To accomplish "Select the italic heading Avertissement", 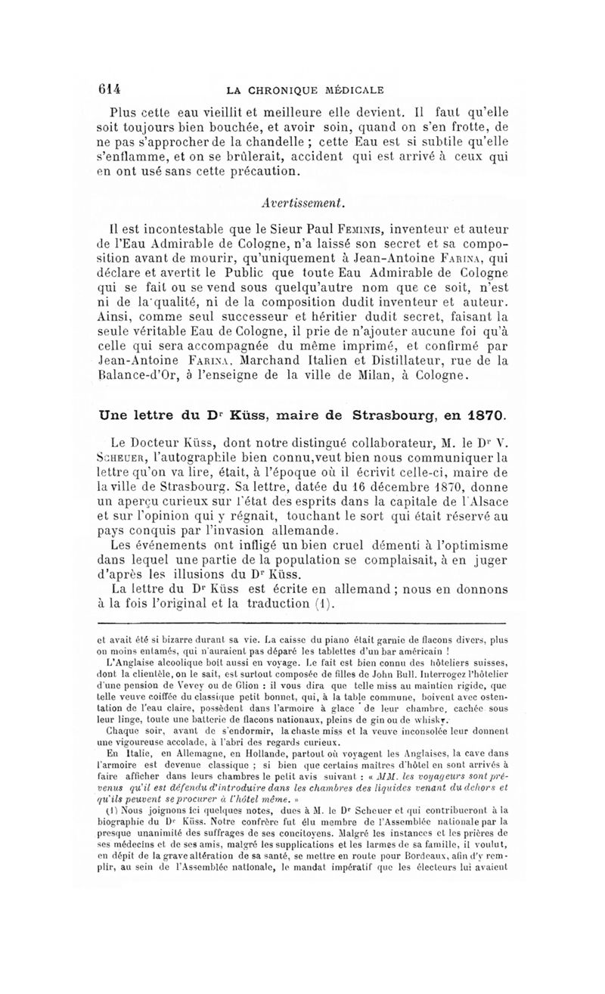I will [302, 201].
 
